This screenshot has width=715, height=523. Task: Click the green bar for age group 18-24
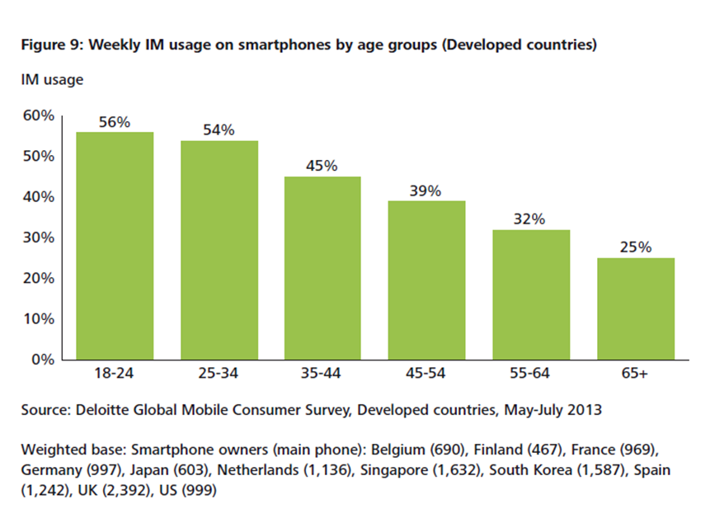click(115, 246)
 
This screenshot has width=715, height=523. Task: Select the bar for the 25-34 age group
click(219, 250)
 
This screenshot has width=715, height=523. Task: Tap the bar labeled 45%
click(322, 268)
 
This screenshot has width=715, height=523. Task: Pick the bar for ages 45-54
click(426, 280)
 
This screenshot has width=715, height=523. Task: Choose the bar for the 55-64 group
click(531, 294)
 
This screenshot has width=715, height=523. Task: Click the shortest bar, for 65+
click(635, 309)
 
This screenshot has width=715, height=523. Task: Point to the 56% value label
click(115, 122)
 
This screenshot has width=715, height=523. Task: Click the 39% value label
click(426, 191)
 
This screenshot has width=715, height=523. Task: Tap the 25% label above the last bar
click(635, 247)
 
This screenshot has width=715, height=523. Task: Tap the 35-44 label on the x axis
click(322, 374)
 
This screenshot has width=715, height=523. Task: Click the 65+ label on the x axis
click(635, 374)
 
